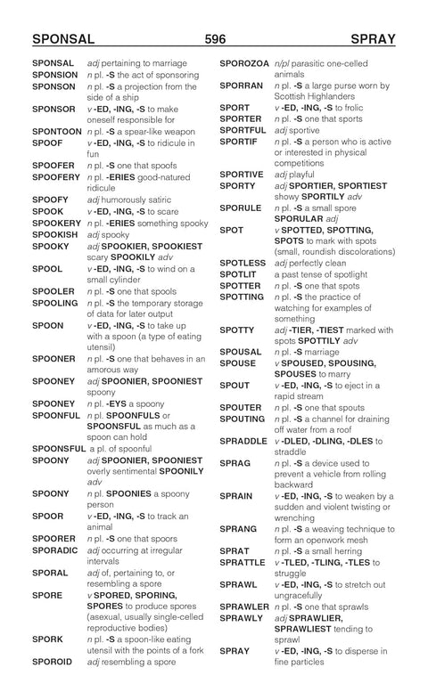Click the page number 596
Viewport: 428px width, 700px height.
(214, 40)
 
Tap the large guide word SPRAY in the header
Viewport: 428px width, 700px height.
(373, 40)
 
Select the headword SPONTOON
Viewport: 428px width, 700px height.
(56, 131)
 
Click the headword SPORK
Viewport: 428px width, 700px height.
(47, 639)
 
